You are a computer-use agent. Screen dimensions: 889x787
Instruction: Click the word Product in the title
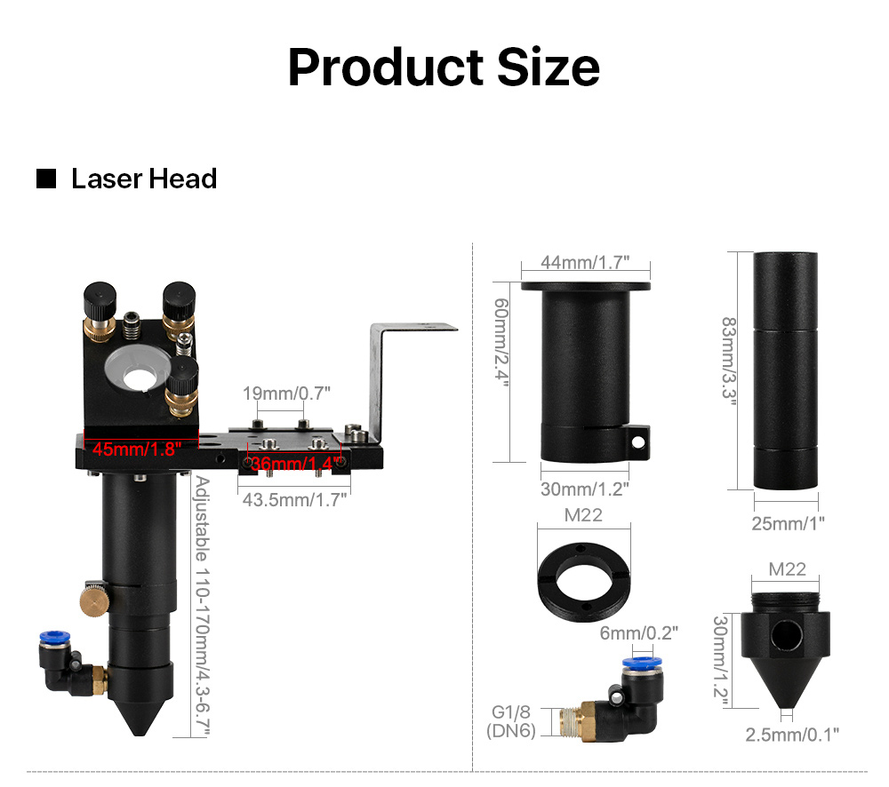coord(386,68)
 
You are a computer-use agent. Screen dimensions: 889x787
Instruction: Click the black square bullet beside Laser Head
coord(46,179)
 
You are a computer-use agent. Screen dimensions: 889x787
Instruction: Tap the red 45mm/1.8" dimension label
coord(137,449)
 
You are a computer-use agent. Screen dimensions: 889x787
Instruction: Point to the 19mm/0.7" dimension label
coord(286,393)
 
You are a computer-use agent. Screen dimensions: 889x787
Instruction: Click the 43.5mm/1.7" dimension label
coord(294,500)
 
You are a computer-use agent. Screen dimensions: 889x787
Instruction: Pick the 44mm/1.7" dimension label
coord(585,262)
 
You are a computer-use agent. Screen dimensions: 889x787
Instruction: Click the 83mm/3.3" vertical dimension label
coord(729,362)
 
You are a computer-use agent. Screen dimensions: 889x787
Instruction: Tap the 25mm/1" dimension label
coord(788,523)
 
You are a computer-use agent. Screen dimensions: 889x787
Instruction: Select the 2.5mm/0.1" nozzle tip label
coord(792,735)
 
